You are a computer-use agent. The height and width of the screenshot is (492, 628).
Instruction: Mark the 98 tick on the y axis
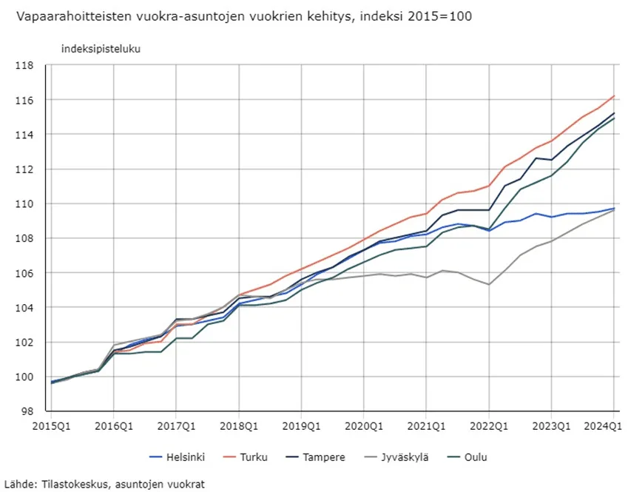tap(27, 411)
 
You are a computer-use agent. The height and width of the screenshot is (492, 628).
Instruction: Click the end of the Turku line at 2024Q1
tap(614, 95)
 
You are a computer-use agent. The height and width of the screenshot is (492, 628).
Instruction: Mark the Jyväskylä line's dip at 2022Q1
tap(488, 284)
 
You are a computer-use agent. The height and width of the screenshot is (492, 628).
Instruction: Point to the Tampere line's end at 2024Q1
tap(614, 113)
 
